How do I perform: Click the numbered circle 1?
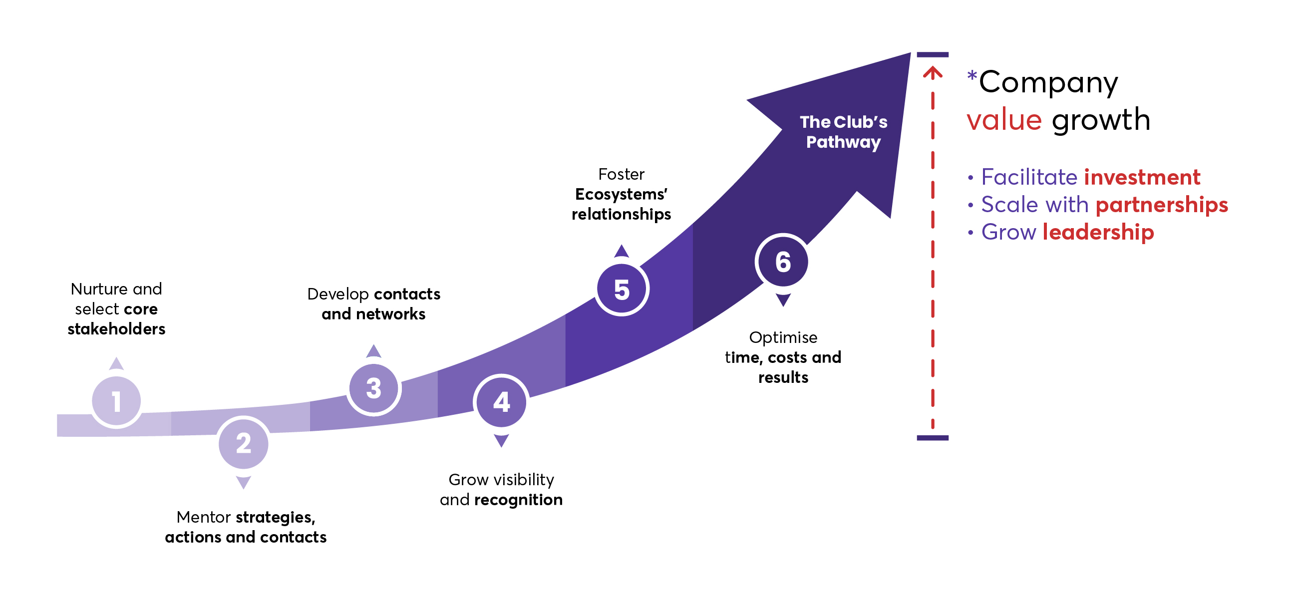(116, 401)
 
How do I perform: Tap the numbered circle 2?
(244, 444)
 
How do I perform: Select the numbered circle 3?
(373, 388)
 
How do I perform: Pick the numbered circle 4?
(501, 402)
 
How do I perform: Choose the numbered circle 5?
(622, 289)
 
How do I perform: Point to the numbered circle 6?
(782, 262)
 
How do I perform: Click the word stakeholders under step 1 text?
(116, 329)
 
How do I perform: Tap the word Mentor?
(204, 517)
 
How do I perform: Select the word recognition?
(519, 500)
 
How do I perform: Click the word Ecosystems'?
(621, 194)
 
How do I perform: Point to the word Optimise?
(783, 337)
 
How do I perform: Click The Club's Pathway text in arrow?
(843, 132)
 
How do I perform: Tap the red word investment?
(1142, 177)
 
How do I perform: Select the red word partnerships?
(1162, 205)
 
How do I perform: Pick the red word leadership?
(1098, 232)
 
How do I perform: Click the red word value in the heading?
(1004, 120)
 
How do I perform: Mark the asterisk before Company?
(972, 76)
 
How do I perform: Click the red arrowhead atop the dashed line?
(933, 73)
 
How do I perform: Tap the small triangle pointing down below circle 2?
(244, 483)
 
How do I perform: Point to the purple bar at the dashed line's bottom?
(933, 438)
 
